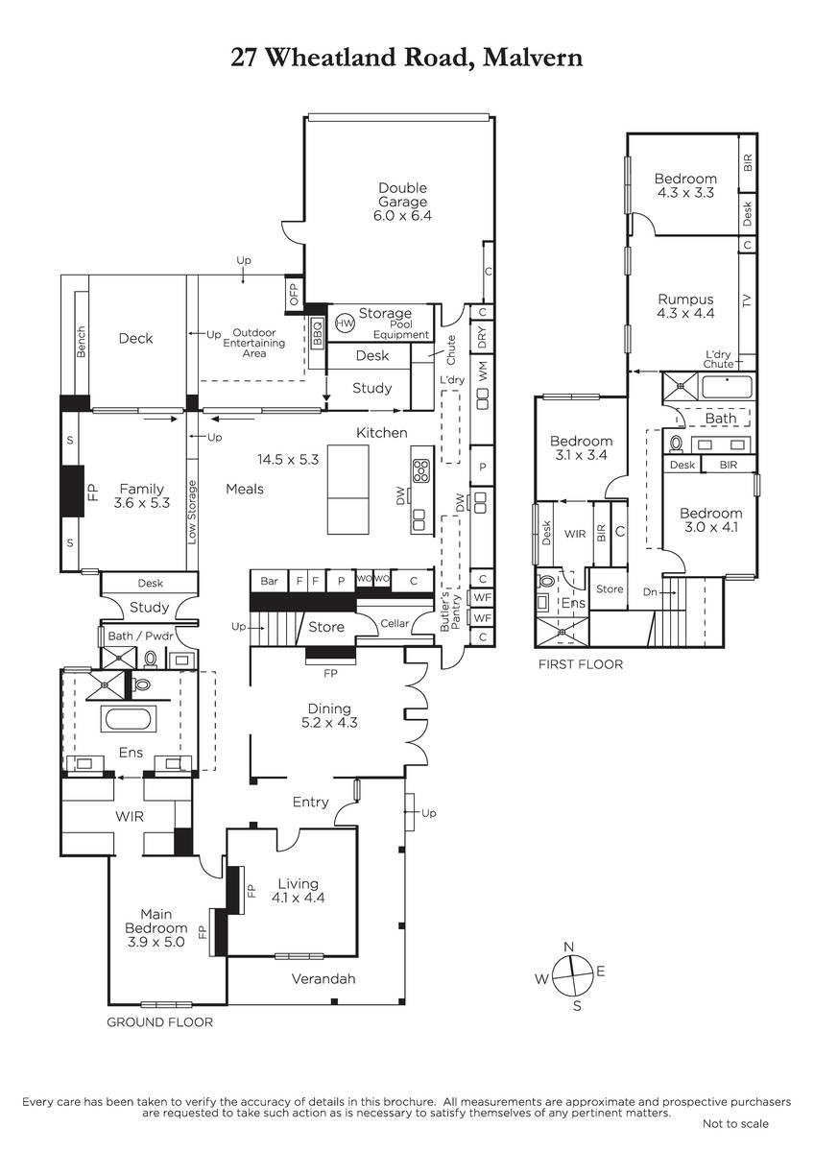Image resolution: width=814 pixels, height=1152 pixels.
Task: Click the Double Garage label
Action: click(402, 195)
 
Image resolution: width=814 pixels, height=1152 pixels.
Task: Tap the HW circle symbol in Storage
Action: click(345, 323)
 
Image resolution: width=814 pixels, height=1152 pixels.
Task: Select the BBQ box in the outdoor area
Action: click(318, 333)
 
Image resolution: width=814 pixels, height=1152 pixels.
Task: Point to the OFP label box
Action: click(294, 294)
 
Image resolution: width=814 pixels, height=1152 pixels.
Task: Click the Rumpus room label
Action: click(685, 299)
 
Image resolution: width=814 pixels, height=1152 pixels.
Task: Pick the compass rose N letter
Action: click(568, 947)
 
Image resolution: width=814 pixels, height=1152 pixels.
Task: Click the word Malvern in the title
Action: click(533, 58)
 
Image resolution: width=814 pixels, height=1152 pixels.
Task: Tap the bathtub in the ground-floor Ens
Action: click(129, 719)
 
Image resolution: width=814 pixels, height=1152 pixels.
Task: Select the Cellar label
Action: click(395, 623)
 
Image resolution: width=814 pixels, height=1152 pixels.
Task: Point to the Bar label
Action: click(269, 581)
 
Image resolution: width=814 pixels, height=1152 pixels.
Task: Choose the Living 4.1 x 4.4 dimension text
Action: click(298, 898)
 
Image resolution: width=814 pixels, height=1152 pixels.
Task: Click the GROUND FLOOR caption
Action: click(160, 1021)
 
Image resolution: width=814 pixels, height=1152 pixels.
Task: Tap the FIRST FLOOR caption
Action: click(581, 664)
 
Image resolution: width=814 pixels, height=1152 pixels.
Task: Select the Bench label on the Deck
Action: click(82, 342)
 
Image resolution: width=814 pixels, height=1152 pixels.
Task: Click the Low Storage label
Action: click(192, 513)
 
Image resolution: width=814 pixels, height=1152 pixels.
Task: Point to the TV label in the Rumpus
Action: click(747, 300)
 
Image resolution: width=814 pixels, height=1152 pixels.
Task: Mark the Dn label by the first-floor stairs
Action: click(650, 592)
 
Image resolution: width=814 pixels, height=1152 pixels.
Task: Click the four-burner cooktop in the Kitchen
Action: click(421, 470)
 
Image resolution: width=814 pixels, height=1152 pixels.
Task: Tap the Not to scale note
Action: click(735, 1124)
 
